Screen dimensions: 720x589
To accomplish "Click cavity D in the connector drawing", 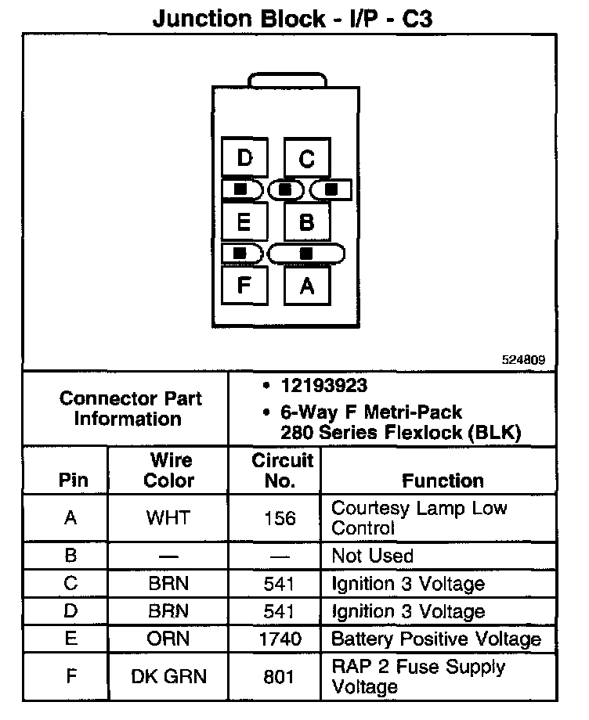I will click(245, 159).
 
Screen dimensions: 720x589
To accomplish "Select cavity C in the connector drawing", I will click(306, 159).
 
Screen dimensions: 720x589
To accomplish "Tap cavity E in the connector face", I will click(244, 222).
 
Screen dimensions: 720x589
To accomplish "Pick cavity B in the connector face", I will click(306, 222).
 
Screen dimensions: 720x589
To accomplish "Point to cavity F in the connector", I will click(244, 285).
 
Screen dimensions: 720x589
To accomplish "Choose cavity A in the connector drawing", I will click(306, 286).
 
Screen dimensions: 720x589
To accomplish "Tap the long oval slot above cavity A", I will click(306, 254).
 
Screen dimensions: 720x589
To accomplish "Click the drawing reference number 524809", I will click(523, 361).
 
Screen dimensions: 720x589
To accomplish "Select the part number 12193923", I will click(324, 386).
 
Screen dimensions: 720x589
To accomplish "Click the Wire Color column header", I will click(168, 470).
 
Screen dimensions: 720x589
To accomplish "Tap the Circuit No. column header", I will click(281, 470).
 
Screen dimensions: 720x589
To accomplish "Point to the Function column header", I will click(443, 481).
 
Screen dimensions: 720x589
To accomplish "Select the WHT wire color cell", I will click(168, 518).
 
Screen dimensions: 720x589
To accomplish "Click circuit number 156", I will click(280, 518).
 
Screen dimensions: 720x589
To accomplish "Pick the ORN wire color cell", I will click(168, 639).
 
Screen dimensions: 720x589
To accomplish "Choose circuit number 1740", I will click(280, 639).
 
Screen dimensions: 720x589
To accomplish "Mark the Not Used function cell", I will click(372, 556).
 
